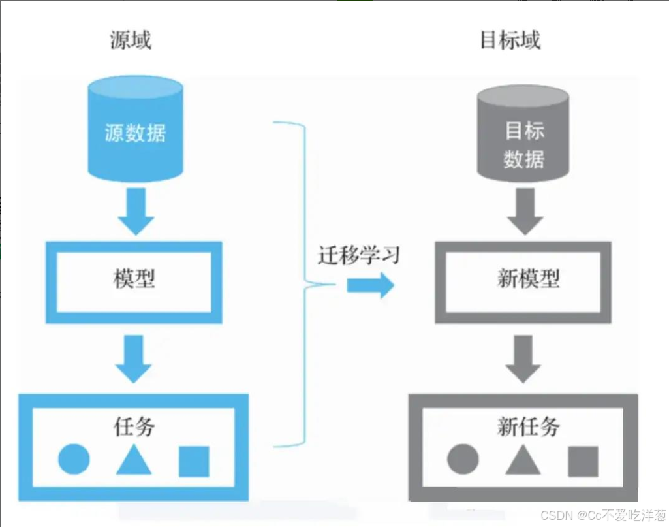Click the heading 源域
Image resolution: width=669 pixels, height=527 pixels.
tap(131, 40)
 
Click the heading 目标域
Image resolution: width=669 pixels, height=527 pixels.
tap(510, 40)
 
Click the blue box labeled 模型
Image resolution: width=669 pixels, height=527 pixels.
tap(134, 281)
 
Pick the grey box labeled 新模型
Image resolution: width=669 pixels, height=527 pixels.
tap(523, 281)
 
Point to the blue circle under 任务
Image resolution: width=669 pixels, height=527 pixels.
tap(74, 460)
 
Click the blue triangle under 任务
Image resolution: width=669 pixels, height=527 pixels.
tap(134, 460)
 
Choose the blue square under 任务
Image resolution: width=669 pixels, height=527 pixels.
tap(194, 461)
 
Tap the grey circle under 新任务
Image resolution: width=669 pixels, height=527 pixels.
tap(463, 460)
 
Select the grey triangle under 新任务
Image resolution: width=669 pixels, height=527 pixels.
tap(523, 460)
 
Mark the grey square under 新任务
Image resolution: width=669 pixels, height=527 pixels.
tap(583, 461)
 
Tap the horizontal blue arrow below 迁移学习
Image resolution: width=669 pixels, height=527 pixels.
tap(370, 285)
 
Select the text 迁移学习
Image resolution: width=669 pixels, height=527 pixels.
tap(358, 255)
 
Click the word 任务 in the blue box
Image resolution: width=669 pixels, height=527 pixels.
tap(134, 428)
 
